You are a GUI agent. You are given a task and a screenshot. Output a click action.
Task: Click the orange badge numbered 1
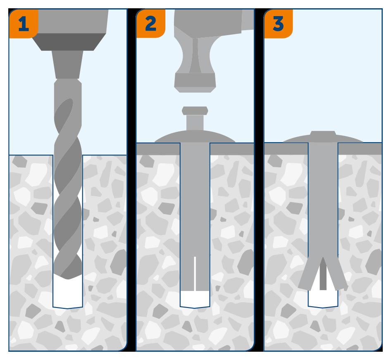tap(24, 24)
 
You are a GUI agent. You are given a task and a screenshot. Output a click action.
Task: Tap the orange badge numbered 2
tap(150, 24)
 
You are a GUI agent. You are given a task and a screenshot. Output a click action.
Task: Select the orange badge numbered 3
tap(278, 24)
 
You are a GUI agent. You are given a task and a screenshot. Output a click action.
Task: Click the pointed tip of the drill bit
tap(68, 279)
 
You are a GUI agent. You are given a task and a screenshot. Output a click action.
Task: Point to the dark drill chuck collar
tap(69, 42)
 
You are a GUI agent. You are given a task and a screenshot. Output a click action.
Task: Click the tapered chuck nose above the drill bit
tap(67, 64)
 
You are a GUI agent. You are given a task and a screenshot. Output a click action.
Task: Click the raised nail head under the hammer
tap(195, 111)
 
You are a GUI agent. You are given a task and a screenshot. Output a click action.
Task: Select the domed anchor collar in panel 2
tap(195, 136)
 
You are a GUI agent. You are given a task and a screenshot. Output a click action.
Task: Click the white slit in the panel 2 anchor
tap(195, 274)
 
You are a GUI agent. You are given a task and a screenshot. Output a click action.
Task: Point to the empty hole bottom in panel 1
tap(67, 293)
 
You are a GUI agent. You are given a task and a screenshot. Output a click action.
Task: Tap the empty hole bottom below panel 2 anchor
tap(195, 299)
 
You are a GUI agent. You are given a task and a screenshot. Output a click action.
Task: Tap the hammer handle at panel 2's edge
tap(248, 20)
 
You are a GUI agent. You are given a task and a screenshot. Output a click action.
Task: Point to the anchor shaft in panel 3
tap(323, 200)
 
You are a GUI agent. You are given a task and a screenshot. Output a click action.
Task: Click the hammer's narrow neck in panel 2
tap(195, 56)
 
